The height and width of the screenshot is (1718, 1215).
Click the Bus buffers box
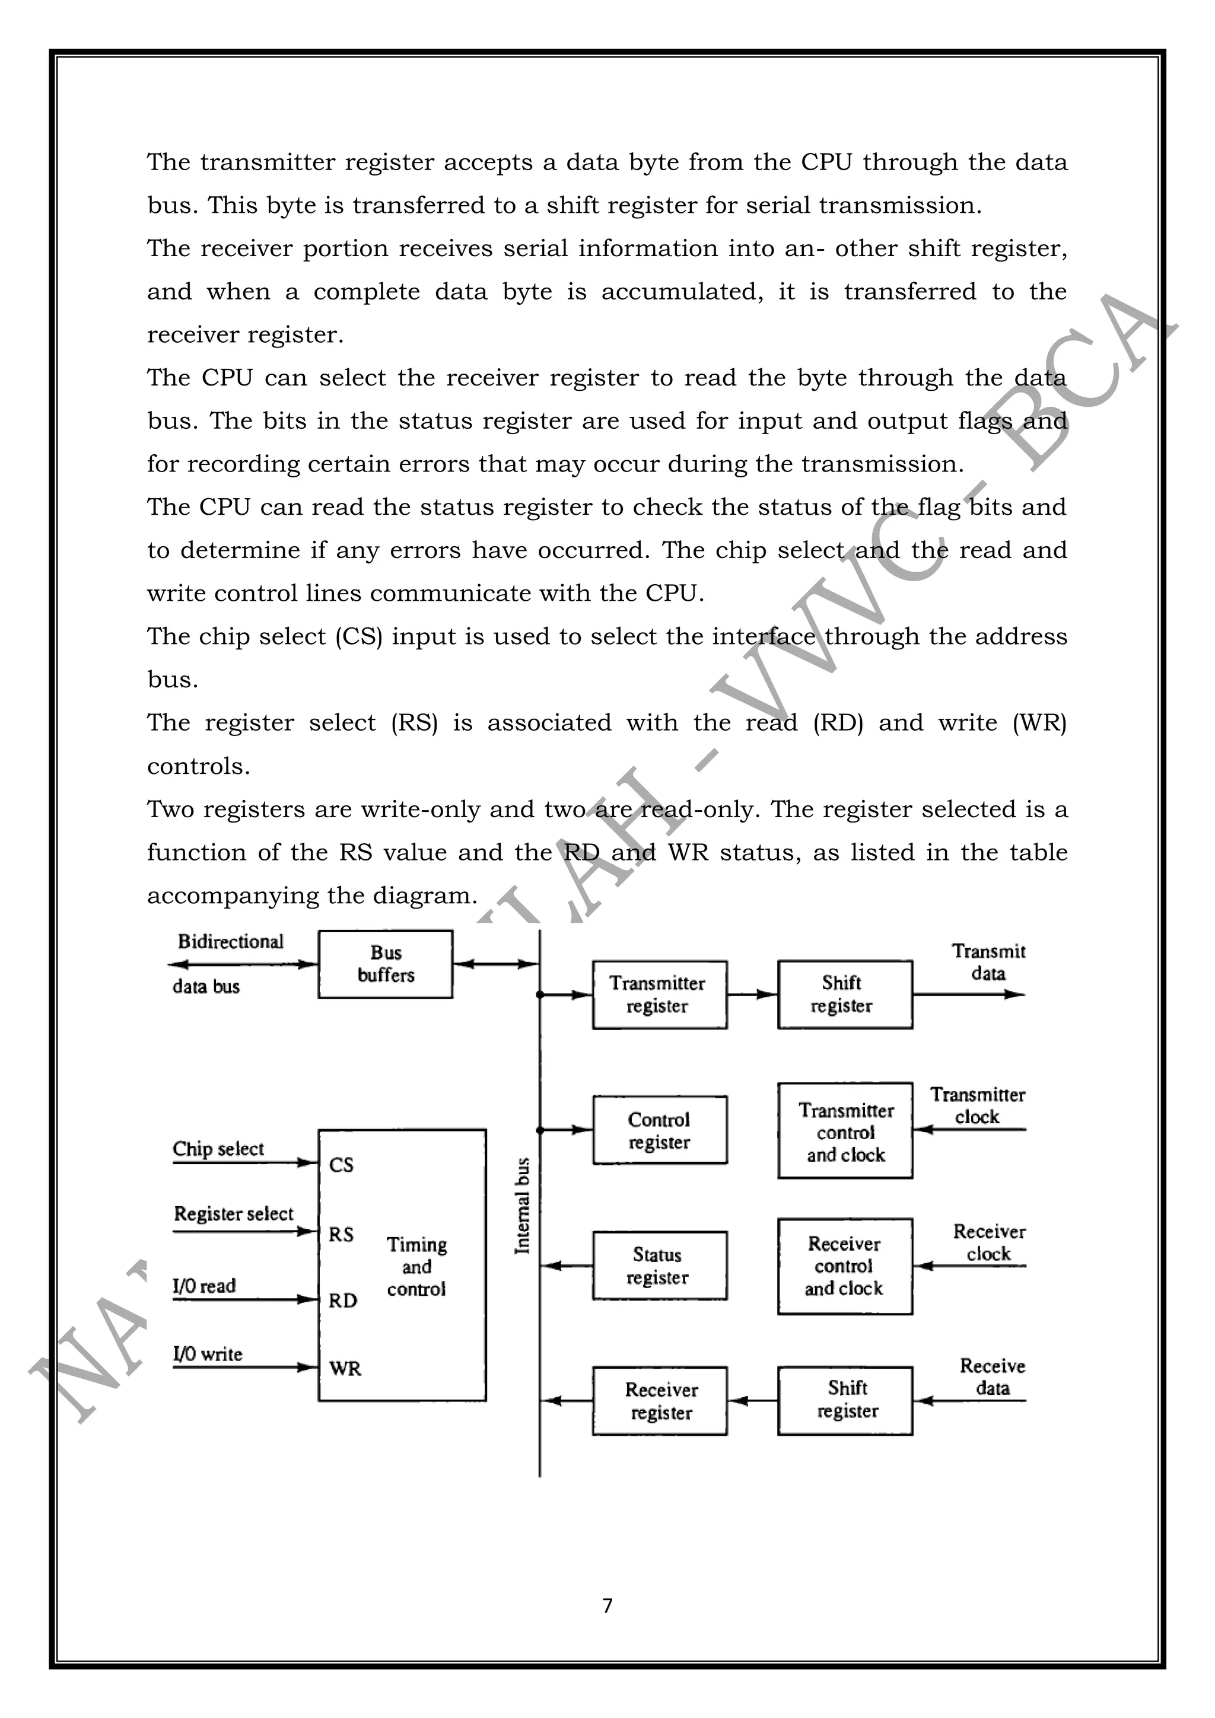(x=385, y=964)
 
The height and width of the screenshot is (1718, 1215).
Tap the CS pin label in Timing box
(x=341, y=1165)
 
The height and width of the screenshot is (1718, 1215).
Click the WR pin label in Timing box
(x=345, y=1369)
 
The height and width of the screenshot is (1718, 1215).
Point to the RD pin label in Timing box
(x=343, y=1301)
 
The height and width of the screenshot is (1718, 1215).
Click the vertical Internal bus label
(x=523, y=1206)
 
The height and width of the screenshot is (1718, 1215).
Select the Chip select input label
(x=218, y=1149)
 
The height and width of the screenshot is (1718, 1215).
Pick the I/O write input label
(x=208, y=1354)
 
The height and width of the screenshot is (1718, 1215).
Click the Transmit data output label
(x=988, y=962)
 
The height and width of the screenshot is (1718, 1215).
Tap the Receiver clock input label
(x=989, y=1242)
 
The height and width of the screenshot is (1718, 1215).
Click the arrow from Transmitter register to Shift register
(x=752, y=995)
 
